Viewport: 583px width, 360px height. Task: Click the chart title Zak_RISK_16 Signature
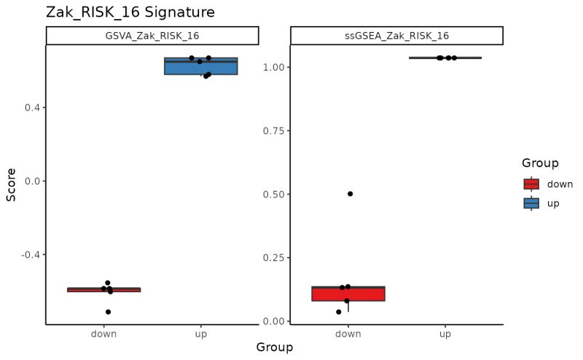[x=130, y=12]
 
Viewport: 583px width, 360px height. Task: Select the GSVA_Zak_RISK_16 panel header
[x=152, y=36]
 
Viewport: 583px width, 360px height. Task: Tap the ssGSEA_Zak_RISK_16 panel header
[x=396, y=36]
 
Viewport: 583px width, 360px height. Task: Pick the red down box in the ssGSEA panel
[x=348, y=294]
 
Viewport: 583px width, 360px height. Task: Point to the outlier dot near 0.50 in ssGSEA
[x=351, y=194]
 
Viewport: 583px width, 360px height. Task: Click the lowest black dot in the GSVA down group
[x=109, y=312]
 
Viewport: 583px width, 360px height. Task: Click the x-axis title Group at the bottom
[x=274, y=348]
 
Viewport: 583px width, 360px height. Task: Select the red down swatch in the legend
[x=531, y=184]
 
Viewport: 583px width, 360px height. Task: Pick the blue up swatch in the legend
[x=531, y=203]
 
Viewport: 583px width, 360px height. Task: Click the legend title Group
[x=540, y=163]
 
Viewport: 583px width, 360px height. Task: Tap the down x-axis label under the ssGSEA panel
[x=348, y=334]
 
